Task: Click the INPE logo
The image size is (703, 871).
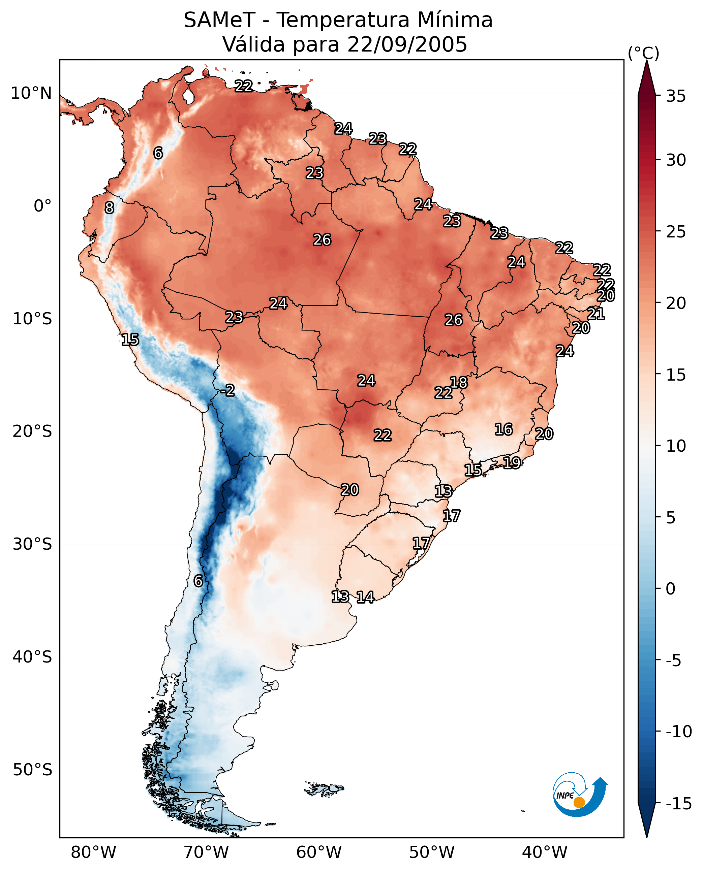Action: (580, 795)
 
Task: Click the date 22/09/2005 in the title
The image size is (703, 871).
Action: (407, 44)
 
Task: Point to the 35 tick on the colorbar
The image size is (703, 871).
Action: (676, 96)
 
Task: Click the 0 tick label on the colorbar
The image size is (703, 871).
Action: (671, 589)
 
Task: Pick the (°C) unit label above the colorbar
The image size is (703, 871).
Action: (643, 53)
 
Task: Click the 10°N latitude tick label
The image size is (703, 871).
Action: (31, 94)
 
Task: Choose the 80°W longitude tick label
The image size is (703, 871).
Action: (94, 852)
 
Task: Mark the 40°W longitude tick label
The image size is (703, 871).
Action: (545, 852)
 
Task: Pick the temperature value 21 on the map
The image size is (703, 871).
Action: (596, 314)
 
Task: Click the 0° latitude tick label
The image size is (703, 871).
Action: (42, 206)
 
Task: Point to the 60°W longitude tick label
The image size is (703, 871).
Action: (319, 852)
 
